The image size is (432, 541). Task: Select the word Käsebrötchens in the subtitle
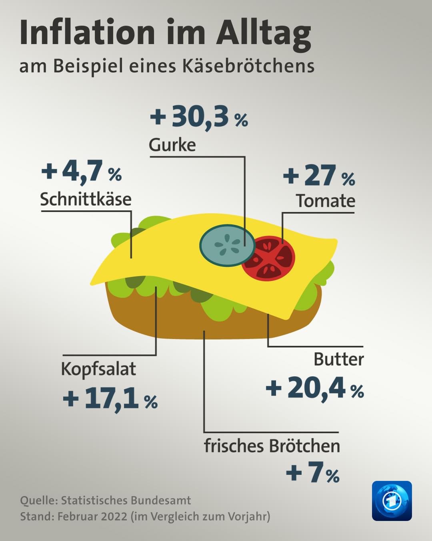pos(248,66)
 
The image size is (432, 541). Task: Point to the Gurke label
pos(172,145)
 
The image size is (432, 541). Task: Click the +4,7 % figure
pos(81,172)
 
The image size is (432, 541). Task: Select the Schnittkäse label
pos(86,199)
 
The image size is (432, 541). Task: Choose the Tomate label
pos(325,201)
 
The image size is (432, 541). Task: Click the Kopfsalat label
pos(98,369)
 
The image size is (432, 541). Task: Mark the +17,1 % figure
pos(110,399)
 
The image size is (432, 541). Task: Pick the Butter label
pos(338,359)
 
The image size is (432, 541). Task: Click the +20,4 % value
pos(315,388)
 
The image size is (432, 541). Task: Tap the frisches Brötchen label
pos(272,446)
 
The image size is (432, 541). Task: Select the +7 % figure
pos(312,473)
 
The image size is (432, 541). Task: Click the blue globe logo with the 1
pos(392,501)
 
